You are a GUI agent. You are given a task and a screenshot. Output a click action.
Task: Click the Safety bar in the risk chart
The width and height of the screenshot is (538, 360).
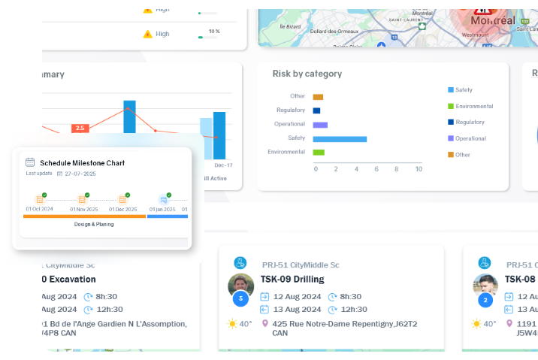tap(340, 139)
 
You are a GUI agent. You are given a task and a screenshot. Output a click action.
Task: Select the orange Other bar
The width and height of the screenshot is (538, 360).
tap(318, 97)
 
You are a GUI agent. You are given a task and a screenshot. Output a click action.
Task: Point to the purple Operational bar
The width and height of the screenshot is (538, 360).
tap(320, 125)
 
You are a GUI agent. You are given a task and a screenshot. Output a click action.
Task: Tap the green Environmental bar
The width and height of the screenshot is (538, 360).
tap(319, 153)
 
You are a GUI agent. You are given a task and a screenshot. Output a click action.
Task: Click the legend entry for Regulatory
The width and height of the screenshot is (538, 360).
tap(470, 122)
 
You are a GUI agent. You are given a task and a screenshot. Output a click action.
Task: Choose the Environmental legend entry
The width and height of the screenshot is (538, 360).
tap(473, 106)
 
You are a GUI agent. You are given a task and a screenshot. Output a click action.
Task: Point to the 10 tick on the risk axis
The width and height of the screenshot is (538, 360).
tap(419, 169)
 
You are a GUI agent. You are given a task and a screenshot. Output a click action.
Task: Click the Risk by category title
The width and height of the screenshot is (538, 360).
tap(307, 74)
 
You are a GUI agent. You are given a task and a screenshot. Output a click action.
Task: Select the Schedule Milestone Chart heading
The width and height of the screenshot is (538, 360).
tap(82, 162)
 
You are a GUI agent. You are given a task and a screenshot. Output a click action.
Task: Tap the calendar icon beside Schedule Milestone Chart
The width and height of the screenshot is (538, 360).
tap(30, 162)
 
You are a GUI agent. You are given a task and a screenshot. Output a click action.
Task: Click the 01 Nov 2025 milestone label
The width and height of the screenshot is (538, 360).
tap(84, 209)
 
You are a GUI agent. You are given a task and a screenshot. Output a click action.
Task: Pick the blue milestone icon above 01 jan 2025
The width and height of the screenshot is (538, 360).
tap(163, 200)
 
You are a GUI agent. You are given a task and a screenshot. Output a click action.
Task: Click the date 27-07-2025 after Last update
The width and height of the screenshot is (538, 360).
tap(80, 173)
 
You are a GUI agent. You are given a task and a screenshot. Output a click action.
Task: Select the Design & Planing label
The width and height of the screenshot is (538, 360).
tap(94, 224)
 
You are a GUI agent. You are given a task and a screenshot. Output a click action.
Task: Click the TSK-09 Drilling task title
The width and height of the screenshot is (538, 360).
tap(292, 279)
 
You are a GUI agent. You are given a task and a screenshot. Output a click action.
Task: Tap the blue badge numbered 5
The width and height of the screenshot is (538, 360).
tap(240, 299)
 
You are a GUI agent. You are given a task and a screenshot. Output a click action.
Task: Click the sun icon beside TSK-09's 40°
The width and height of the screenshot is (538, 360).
tap(233, 324)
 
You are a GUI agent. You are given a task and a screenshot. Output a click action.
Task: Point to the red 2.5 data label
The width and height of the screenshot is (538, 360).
tap(80, 128)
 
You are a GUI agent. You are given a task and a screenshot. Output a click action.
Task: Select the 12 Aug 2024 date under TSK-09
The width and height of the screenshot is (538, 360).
tap(297, 297)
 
